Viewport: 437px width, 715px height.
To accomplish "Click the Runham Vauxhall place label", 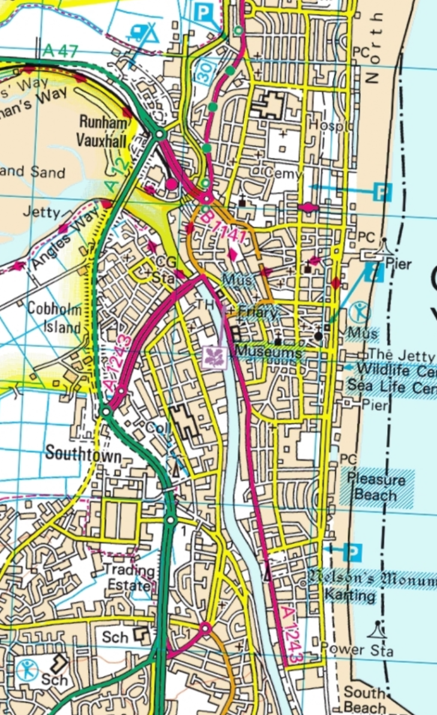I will pos(103,130).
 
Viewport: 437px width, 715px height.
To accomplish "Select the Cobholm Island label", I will pos(53,317).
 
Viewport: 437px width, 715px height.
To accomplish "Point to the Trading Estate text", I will pos(128,576).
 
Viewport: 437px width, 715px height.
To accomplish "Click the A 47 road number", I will pos(60,52).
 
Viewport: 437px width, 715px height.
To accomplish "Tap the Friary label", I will pos(258,313).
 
